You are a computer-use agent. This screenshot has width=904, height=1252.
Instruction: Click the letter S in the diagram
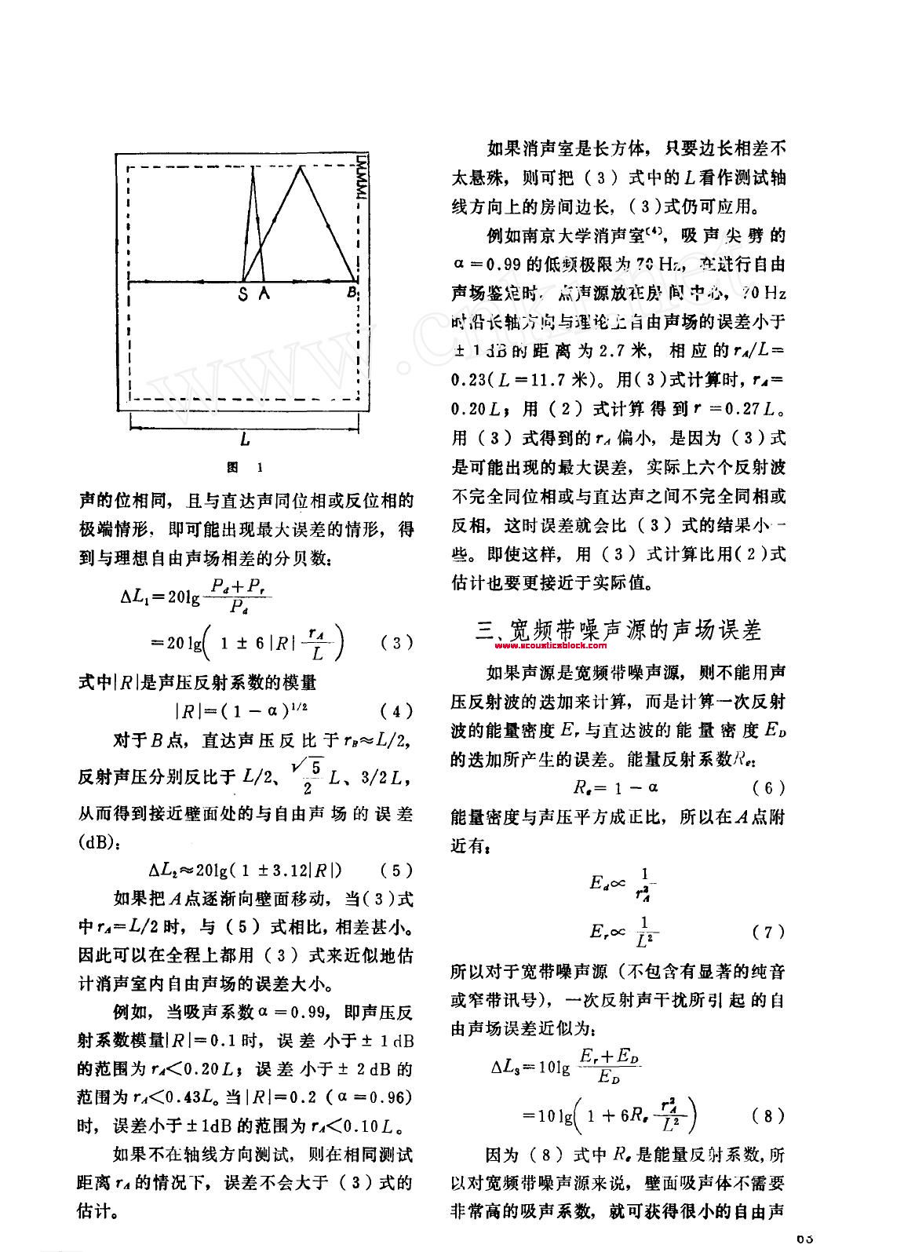coord(242,294)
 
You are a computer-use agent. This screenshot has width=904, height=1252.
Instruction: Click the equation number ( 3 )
coord(396,643)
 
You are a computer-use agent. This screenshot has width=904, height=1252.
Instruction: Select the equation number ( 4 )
coord(396,712)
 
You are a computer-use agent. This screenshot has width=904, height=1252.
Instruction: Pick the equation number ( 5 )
coord(396,870)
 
